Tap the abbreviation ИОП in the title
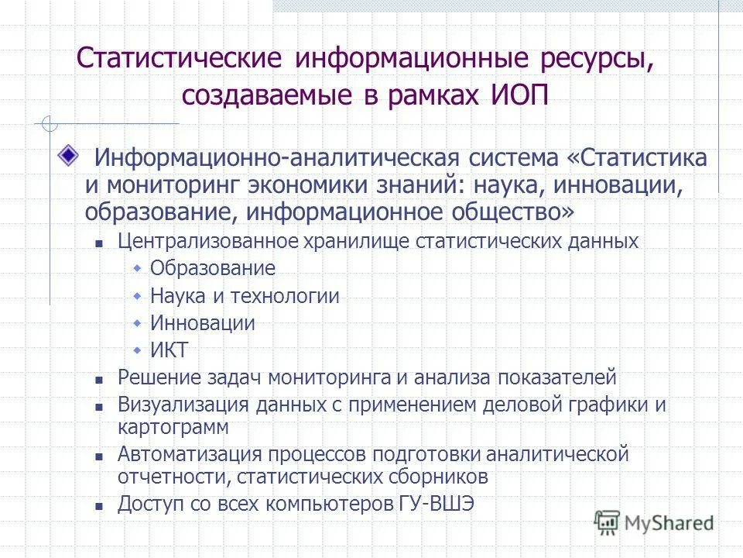pos(522,97)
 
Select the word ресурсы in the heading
pos(588,59)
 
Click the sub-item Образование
pos(213,269)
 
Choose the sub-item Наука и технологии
pos(245,296)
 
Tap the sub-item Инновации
pos(203,323)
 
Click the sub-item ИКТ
pos(169,350)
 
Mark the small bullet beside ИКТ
pos(137,350)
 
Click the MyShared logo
pos(654,523)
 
